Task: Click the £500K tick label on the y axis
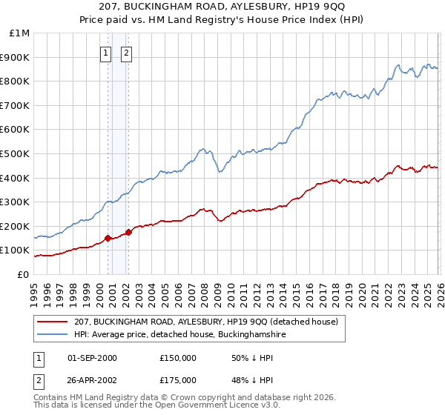tap(15, 153)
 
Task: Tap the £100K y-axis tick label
tap(15, 250)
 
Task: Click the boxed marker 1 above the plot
tap(107, 53)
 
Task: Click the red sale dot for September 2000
tap(108, 238)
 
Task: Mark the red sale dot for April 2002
tap(129, 232)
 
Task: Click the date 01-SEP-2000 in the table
tap(92, 358)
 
